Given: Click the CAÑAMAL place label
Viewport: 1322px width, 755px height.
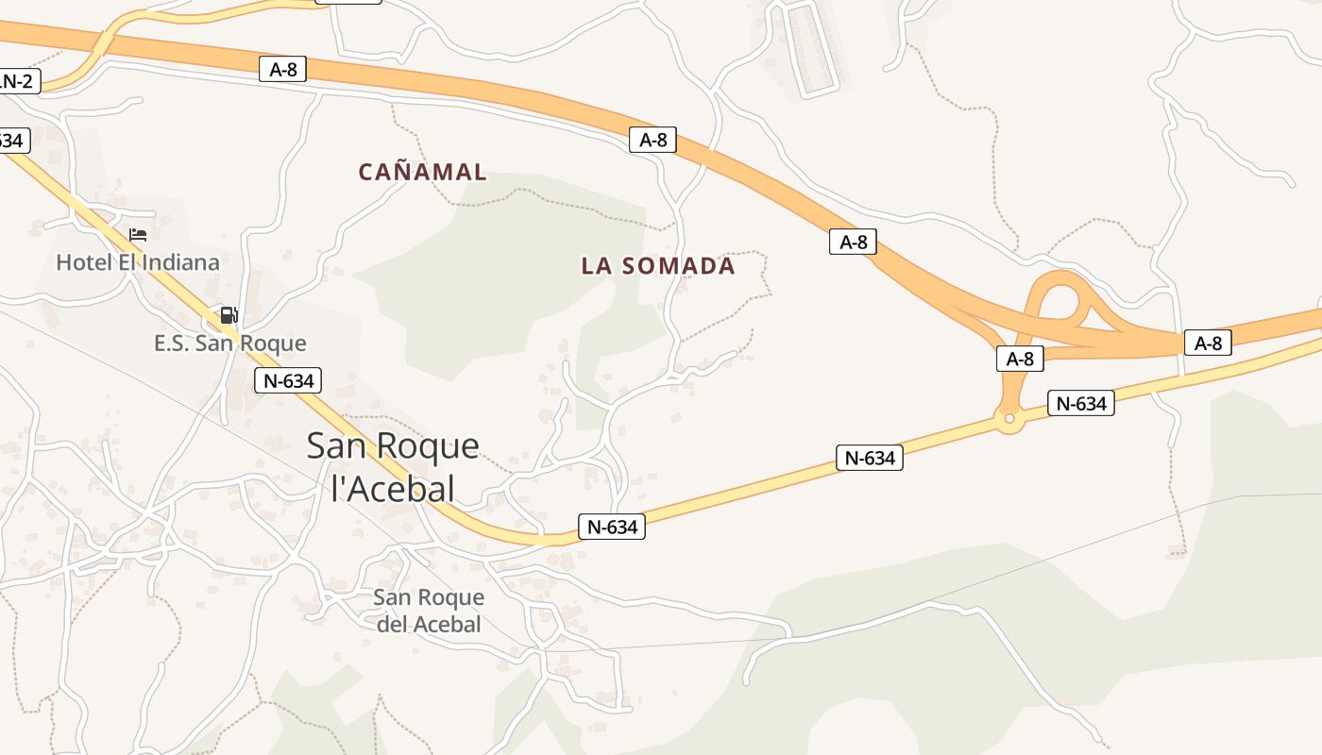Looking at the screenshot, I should [422, 172].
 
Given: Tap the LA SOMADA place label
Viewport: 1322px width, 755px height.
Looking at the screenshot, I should [658, 266].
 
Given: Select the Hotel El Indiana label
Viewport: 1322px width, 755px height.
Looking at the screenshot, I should [138, 262].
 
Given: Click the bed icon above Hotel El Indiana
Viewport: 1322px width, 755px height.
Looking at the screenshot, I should [138, 234].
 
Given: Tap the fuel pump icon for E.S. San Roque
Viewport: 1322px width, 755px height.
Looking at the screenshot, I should [229, 315].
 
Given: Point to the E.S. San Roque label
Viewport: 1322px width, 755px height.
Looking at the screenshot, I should [230, 344].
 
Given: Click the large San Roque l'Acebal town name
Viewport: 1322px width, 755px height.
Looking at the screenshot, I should [393, 466].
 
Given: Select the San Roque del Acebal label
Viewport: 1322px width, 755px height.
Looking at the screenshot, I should [429, 611].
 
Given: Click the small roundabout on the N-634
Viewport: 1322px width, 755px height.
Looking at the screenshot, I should [1009, 417].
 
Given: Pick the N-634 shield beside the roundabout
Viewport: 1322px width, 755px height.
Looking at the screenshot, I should [1080, 404].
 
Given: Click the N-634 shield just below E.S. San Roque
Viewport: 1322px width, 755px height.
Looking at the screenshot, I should [288, 381].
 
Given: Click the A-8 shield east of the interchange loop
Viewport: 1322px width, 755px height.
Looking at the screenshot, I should [1208, 344].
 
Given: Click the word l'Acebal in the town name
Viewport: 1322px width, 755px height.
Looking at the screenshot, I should [393, 488].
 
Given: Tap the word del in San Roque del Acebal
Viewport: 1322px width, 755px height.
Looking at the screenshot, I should [391, 624].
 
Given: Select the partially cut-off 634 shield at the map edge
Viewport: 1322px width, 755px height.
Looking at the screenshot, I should [11, 141].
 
